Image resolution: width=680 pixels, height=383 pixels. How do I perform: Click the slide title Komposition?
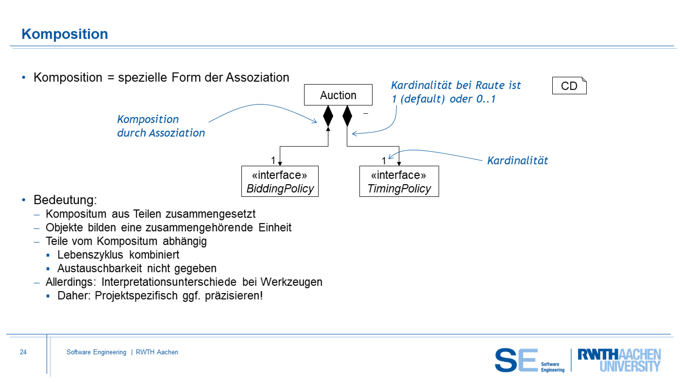65,34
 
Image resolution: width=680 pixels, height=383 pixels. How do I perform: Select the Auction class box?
338,95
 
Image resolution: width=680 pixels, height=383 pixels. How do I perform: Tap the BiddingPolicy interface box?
280,182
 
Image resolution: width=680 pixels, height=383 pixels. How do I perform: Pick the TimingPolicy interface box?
399,182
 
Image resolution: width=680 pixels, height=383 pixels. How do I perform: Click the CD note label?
569,86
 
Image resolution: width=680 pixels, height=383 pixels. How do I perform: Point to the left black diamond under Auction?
328,117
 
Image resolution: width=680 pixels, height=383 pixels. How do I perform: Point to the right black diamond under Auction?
347,117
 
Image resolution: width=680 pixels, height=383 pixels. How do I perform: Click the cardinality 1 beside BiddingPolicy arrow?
273,160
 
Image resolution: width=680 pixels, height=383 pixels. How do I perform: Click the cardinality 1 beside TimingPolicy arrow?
384,160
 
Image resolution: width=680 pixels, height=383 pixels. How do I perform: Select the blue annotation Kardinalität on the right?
517,160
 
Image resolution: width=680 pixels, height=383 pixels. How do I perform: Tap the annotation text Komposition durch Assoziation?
161,126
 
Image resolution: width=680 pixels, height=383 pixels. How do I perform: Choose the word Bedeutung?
65,200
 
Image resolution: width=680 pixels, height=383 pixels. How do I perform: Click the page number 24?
23,352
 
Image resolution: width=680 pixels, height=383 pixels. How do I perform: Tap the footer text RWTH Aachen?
157,352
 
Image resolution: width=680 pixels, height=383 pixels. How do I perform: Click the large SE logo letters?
516,360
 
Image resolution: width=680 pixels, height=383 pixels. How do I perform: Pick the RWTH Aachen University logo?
619,360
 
